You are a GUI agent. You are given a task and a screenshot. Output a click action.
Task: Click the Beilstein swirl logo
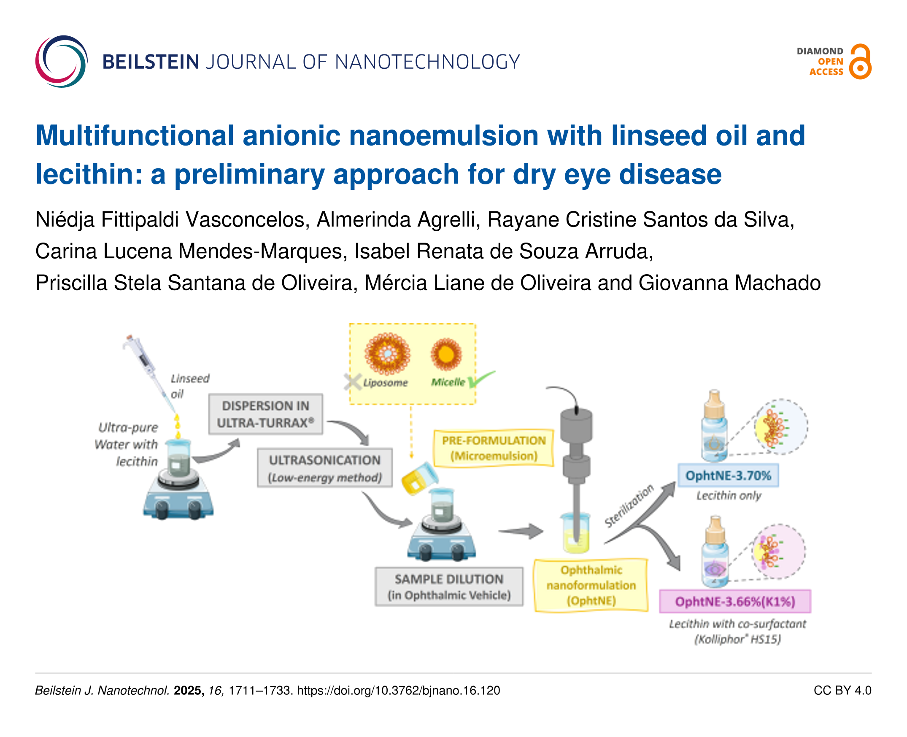(x=62, y=62)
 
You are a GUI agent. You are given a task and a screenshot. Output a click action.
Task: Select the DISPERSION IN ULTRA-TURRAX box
(x=266, y=414)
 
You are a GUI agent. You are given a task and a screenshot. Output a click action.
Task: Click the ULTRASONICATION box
(x=325, y=468)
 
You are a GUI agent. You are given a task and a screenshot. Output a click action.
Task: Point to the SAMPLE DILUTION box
(x=448, y=587)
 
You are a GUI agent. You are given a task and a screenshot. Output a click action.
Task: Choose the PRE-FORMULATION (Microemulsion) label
(x=494, y=448)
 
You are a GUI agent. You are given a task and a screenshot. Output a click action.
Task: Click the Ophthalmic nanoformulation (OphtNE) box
(x=591, y=586)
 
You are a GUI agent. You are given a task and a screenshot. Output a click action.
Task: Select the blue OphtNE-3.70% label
(x=728, y=475)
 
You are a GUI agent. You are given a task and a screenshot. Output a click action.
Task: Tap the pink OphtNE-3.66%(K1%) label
(x=735, y=602)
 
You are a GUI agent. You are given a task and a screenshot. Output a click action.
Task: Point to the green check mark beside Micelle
(x=480, y=379)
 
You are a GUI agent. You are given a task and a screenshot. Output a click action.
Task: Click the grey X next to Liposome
(x=353, y=382)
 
